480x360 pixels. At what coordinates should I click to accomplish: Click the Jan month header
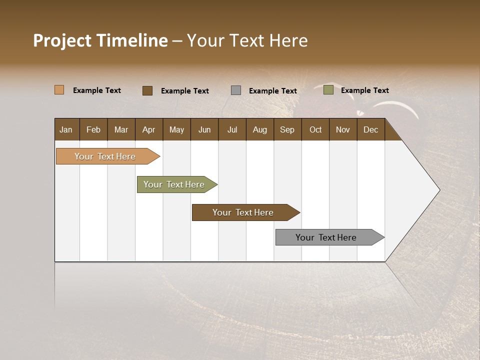click(66, 129)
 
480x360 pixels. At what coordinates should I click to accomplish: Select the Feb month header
click(93, 129)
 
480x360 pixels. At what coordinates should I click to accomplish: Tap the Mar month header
click(121, 129)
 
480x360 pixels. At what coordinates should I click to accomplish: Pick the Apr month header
click(148, 129)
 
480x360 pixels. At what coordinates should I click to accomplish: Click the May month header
click(176, 129)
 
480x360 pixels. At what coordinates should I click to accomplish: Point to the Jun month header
click(204, 129)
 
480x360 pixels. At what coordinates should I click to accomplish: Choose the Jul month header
click(232, 129)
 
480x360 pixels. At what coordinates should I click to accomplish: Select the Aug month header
click(259, 129)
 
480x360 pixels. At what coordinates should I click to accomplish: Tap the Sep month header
click(287, 129)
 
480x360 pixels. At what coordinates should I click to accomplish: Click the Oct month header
click(315, 129)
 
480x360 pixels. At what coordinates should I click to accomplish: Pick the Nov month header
click(342, 129)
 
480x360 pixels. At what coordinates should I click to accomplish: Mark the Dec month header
click(370, 129)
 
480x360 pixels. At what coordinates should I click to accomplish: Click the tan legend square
click(59, 90)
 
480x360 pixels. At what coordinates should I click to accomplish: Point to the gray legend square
click(236, 90)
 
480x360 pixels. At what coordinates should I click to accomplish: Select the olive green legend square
click(328, 90)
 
